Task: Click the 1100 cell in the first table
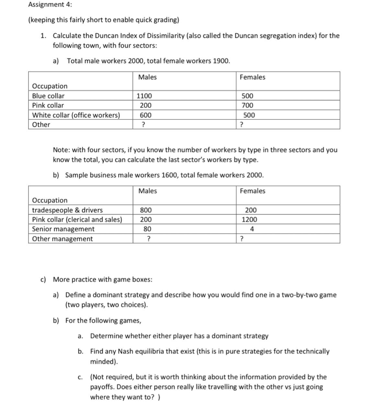click(144, 96)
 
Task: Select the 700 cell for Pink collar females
click(248, 105)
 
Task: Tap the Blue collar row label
click(48, 96)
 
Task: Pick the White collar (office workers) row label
click(76, 115)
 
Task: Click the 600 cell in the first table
click(145, 115)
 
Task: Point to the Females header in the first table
click(252, 77)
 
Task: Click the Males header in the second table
click(147, 191)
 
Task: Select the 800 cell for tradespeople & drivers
click(146, 210)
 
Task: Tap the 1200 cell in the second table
click(249, 219)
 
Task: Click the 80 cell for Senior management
click(147, 229)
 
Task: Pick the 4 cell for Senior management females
click(252, 229)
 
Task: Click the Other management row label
click(62, 239)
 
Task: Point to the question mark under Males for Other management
click(148, 239)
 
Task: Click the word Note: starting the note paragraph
click(61, 150)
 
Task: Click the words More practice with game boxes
click(102, 279)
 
